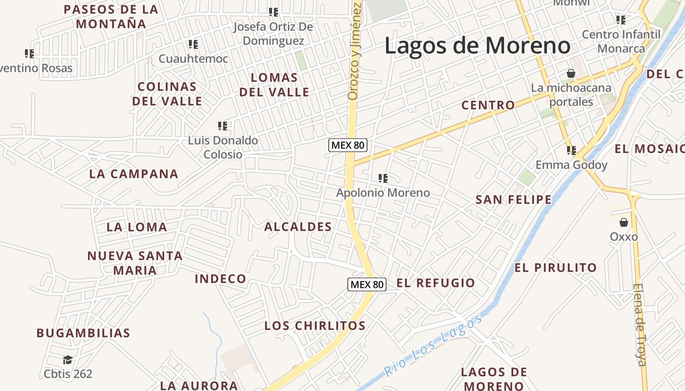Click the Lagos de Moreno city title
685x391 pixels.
[x=477, y=46]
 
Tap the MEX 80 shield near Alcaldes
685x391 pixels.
[x=348, y=145]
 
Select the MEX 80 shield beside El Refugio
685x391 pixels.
[x=367, y=284]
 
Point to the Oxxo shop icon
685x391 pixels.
[x=624, y=223]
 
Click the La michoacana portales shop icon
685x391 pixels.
[x=571, y=74]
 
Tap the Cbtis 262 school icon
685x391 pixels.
[x=68, y=360]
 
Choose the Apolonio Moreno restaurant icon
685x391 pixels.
[x=383, y=178]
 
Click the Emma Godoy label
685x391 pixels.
[x=571, y=165]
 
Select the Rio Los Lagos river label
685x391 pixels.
[x=433, y=346]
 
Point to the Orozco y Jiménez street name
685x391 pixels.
[x=354, y=51]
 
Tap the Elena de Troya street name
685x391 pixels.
[x=640, y=325]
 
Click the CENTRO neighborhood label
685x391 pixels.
[x=488, y=105]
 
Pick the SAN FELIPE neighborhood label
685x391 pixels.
[x=514, y=199]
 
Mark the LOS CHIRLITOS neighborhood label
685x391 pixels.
[x=315, y=326]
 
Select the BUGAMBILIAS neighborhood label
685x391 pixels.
[x=83, y=333]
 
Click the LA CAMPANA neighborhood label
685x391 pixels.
[x=134, y=174]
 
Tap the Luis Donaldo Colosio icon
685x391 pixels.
[x=223, y=126]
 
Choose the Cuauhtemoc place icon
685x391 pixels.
[x=193, y=44]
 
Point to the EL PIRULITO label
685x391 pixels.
[x=555, y=268]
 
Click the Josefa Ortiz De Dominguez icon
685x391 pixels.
[x=274, y=12]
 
